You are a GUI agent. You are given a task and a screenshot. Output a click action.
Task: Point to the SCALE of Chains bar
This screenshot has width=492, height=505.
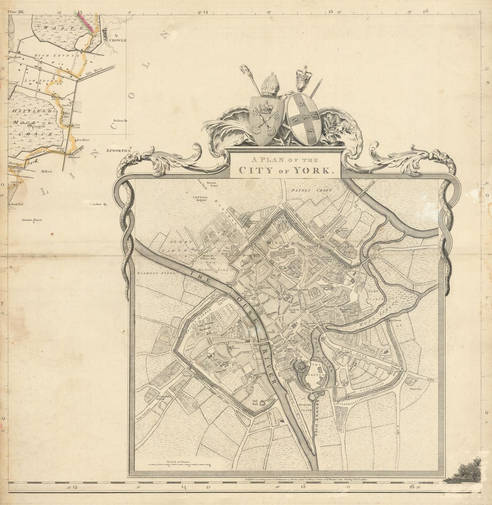[179, 465]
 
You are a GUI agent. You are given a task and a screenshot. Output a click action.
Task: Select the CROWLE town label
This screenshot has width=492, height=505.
[117, 40]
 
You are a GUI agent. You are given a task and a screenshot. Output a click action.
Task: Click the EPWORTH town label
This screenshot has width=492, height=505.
[116, 150]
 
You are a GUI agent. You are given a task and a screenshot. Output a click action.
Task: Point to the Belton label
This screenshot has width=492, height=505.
[119, 120]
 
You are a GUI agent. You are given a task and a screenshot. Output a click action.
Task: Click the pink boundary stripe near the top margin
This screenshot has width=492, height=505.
[85, 22]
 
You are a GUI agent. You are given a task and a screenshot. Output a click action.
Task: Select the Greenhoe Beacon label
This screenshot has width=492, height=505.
[32, 220]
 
